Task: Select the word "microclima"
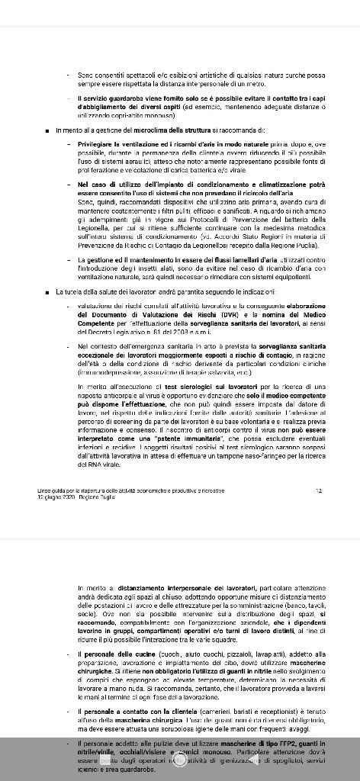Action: [x=143, y=130]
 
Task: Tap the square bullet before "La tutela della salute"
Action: [x=48, y=291]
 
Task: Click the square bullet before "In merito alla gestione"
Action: [x=48, y=130]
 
